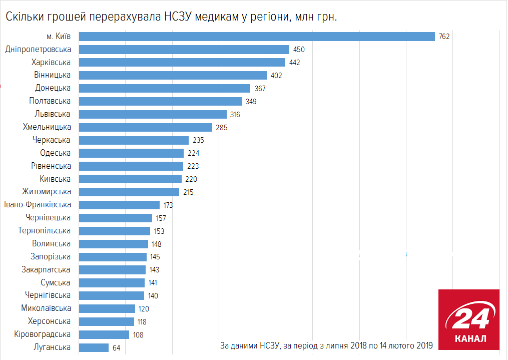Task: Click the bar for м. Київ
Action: [x=257, y=37]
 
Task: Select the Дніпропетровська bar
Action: [x=184, y=50]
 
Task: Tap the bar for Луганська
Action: [x=94, y=347]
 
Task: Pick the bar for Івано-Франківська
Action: [x=120, y=205]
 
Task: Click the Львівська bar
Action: [x=153, y=114]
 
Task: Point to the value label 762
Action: [x=444, y=37]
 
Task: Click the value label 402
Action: [x=276, y=76]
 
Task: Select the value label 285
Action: [x=221, y=128]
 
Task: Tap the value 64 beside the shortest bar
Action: [x=117, y=347]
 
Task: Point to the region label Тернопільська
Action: [x=44, y=231]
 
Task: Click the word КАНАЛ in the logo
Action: [x=469, y=338]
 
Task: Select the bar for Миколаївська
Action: [x=107, y=308]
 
